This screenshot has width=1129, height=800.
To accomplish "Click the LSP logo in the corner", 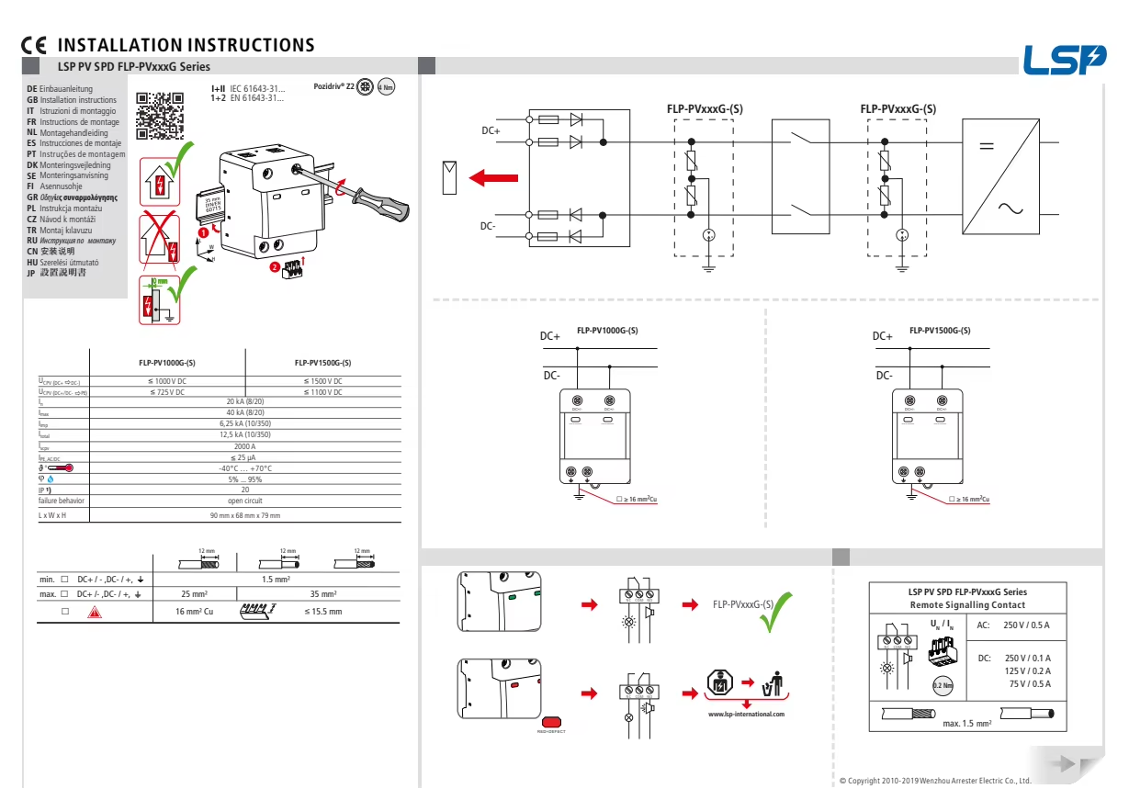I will point(1065,61).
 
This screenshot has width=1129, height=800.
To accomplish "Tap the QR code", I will point(160,116).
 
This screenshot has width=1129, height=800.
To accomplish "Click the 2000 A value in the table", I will point(244,446).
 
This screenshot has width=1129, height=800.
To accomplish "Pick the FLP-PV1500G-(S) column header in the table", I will point(322,363).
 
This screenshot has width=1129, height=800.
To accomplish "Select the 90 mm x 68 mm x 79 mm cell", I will point(244,515).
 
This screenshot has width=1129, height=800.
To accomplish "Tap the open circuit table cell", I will point(244,501).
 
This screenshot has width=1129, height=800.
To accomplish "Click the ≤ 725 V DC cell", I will point(167,392).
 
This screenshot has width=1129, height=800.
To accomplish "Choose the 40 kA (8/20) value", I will point(244,413).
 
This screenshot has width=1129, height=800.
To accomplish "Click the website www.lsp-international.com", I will point(746,714).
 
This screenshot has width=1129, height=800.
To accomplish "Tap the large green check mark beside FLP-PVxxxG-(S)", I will point(775,610).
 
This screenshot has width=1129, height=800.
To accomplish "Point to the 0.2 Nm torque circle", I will point(942,685).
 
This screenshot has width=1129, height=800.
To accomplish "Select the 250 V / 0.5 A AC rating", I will point(1026,625).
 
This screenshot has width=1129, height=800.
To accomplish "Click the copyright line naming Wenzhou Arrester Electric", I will point(935,781).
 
